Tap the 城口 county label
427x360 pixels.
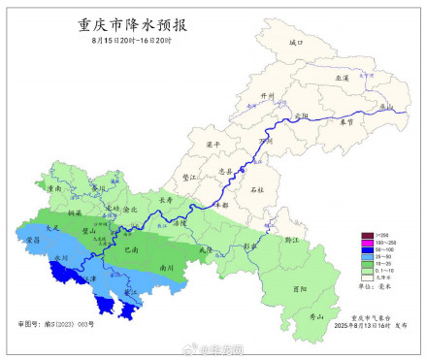pyautogui.click(x=297, y=44)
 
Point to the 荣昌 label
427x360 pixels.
pyautogui.click(x=33, y=238)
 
